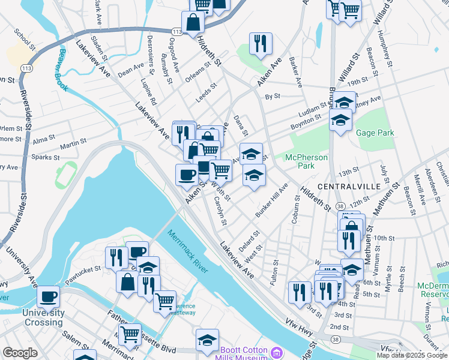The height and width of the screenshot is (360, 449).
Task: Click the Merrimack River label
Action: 188,252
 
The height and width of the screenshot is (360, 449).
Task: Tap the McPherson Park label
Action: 307,161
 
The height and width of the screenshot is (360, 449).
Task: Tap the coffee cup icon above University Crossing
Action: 49,295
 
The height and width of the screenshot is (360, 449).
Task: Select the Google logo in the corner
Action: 19,353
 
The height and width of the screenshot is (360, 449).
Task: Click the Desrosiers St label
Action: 151,50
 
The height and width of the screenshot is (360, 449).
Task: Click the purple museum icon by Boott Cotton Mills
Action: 276,352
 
